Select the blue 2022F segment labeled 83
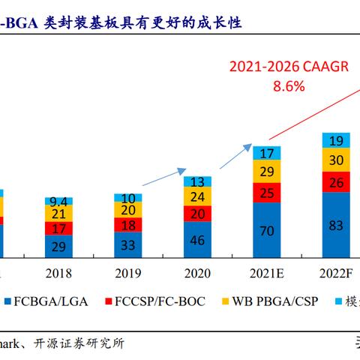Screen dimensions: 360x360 coord(336,225)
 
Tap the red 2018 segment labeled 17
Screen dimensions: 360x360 coord(58,228)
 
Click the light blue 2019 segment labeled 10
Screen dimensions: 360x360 coord(128,197)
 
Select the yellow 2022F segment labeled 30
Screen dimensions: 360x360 coord(336,159)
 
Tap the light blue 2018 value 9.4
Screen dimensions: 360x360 coord(58,200)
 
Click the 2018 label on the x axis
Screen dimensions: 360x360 coord(58,274)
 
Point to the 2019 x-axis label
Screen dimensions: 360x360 coord(128,274)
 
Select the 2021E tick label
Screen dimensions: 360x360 coord(265,274)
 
